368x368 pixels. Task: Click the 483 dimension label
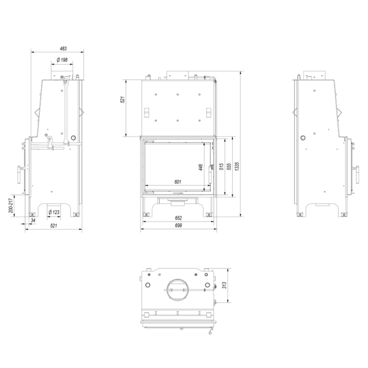[x=63, y=49]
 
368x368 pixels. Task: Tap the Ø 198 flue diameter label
[x=62, y=60]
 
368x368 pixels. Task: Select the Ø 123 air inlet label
[x=54, y=212]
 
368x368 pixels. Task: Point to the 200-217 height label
[x=11, y=206]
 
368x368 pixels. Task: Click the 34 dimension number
[x=33, y=221]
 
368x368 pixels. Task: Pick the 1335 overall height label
[x=237, y=166]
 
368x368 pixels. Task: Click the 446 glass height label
[x=200, y=167]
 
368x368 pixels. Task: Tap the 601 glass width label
[x=177, y=182]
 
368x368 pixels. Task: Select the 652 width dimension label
[x=178, y=218]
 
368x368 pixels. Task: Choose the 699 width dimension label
[x=178, y=225]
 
